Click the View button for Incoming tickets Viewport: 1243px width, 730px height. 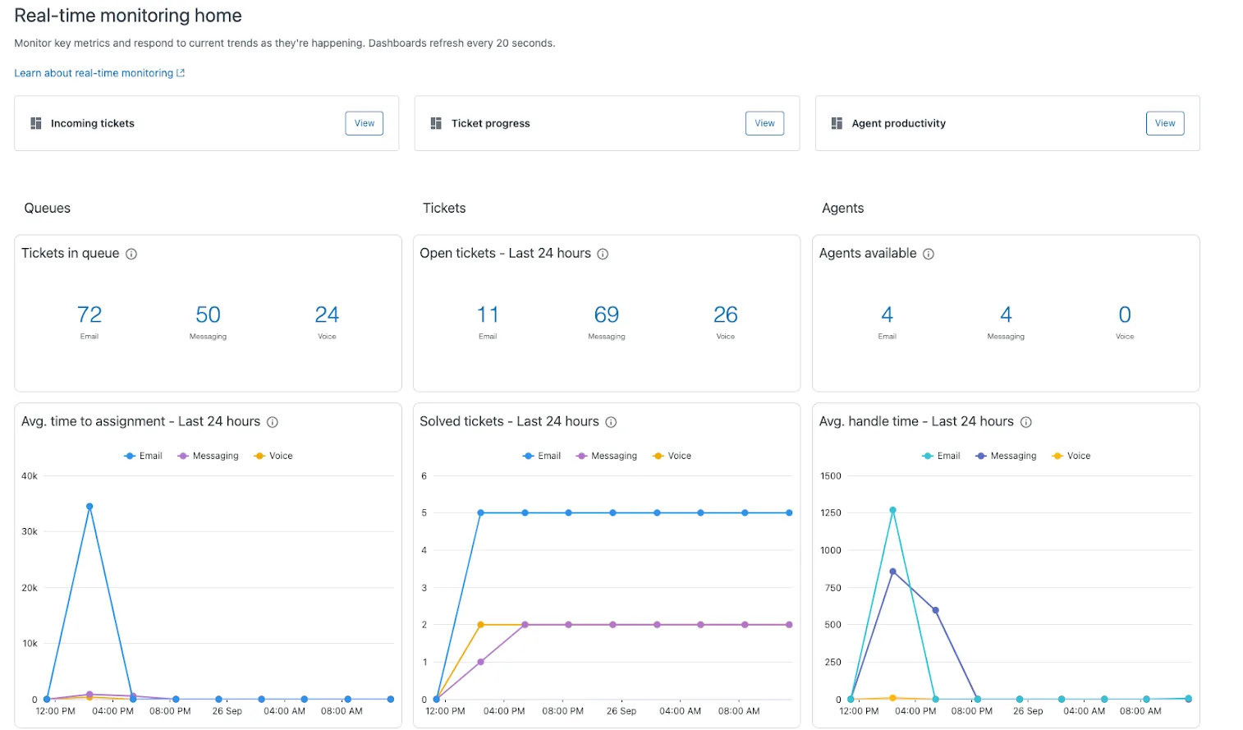click(x=364, y=123)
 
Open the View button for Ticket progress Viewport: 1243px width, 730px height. click(x=764, y=123)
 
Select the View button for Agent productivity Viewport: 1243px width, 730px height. click(x=1164, y=123)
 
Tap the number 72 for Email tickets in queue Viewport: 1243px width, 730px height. click(x=89, y=314)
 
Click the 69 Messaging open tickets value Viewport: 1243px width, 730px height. click(x=606, y=314)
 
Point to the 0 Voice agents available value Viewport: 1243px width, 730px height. click(x=1124, y=314)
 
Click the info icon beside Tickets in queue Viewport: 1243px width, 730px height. click(x=131, y=255)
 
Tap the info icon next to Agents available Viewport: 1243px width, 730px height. click(x=929, y=255)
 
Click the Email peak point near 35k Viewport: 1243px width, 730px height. click(x=89, y=507)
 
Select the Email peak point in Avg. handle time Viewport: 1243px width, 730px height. click(x=892, y=510)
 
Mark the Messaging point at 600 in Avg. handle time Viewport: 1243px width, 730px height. click(x=935, y=610)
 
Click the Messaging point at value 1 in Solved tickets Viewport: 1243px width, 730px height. click(x=481, y=662)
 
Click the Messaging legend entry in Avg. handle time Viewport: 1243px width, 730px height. click(x=1006, y=456)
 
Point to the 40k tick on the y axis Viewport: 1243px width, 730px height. click(x=30, y=476)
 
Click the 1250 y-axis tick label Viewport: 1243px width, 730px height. click(x=831, y=513)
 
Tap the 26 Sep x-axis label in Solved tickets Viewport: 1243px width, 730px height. click(x=621, y=711)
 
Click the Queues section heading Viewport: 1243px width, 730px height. click(x=48, y=209)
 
